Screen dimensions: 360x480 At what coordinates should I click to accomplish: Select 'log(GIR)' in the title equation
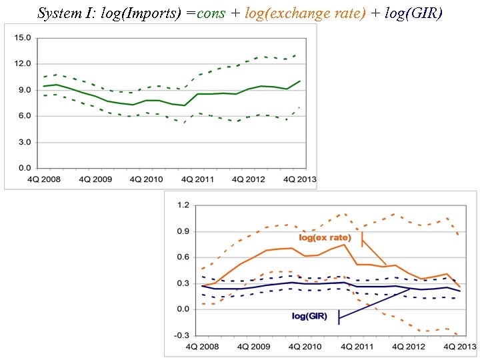(x=413, y=13)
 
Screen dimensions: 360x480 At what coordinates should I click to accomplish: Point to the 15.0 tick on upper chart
(x=23, y=38)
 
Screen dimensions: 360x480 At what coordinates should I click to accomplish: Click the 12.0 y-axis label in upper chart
(x=23, y=64)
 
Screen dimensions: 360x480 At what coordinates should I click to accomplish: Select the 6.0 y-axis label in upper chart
(x=25, y=116)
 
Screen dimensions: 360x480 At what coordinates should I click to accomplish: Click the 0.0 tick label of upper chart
(x=25, y=168)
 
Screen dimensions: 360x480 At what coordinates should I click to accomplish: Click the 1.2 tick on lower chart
(x=181, y=205)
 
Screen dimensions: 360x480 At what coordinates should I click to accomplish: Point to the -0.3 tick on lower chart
(x=180, y=335)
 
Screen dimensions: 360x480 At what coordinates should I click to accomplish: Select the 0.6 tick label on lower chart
(x=181, y=257)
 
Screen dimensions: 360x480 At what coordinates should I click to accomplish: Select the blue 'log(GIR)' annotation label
(x=310, y=316)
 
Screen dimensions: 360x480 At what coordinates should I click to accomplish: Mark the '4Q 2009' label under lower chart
(x=253, y=347)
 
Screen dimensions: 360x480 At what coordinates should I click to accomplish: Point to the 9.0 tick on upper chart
(x=25, y=90)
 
